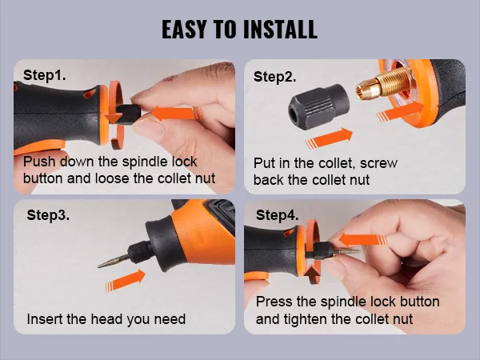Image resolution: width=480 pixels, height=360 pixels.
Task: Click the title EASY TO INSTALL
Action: [240, 30]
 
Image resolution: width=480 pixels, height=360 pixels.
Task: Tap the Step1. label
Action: [45, 75]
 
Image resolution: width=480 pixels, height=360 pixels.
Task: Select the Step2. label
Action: [274, 77]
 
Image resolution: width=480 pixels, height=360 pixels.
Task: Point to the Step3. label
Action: [48, 215]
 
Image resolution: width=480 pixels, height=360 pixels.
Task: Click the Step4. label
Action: [277, 215]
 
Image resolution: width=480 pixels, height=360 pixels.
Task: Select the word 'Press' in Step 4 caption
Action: [274, 302]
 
